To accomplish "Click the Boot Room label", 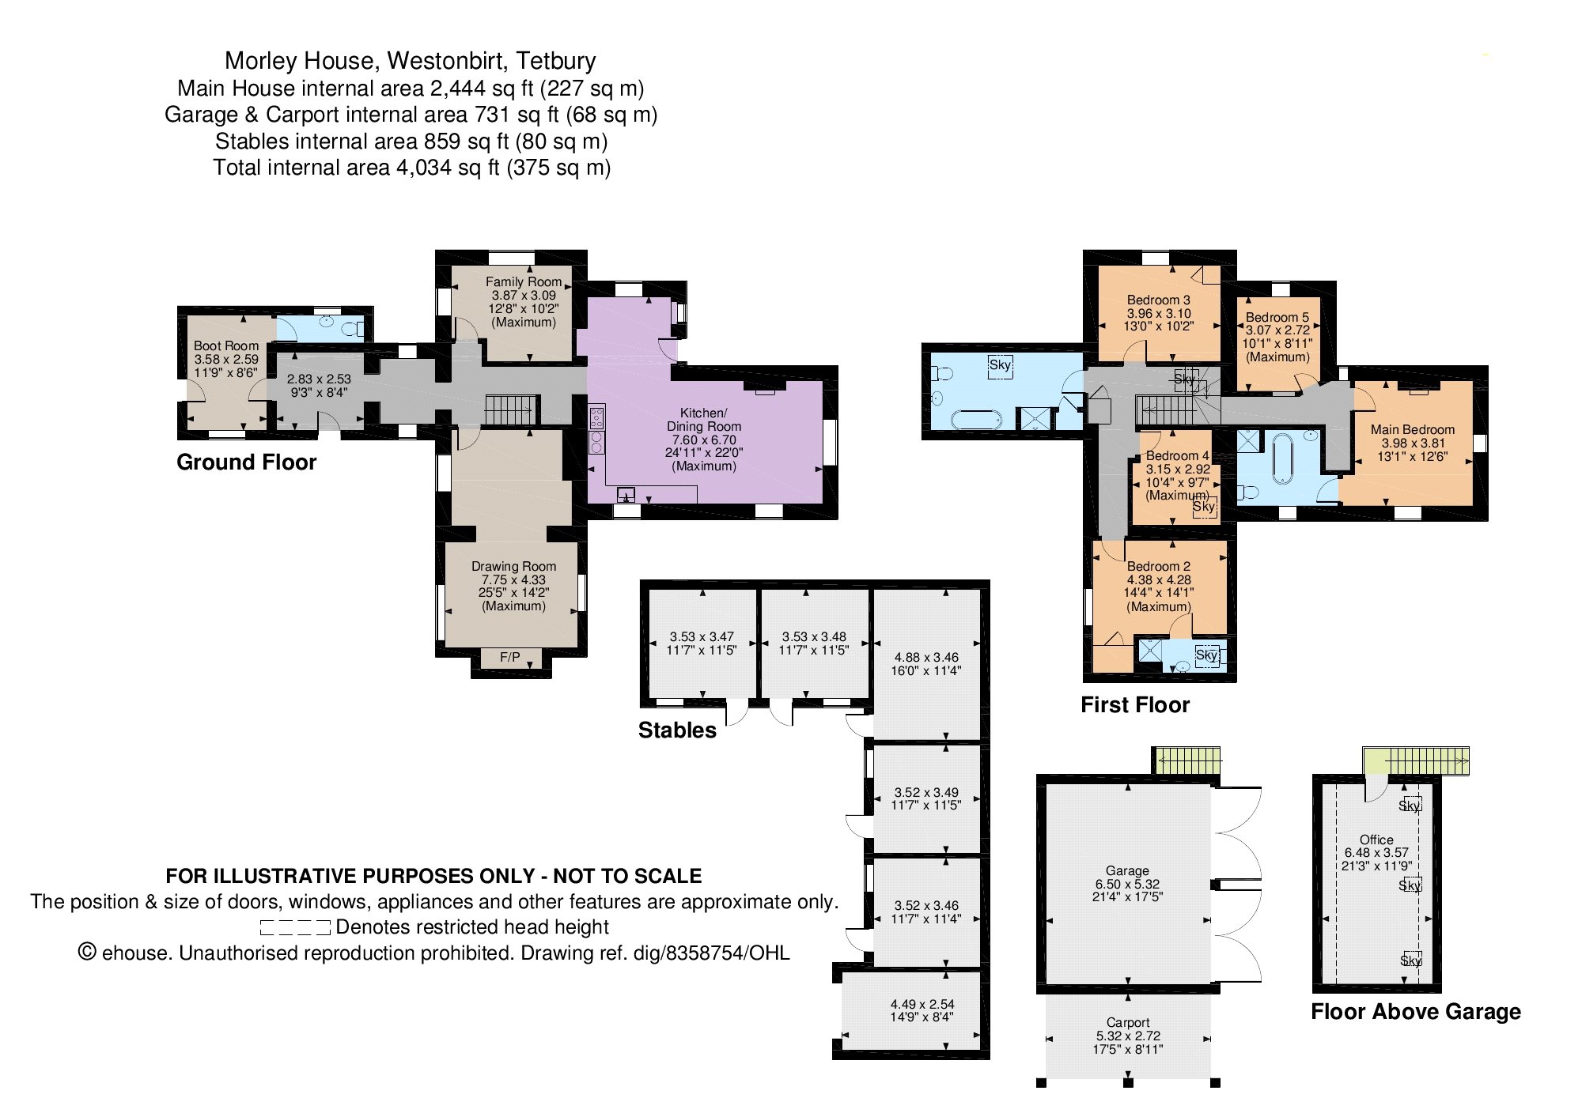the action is pyautogui.click(x=226, y=345).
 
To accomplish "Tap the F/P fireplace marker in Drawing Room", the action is pyautogui.click(x=510, y=658).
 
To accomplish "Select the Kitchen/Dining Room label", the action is pyautogui.click(x=704, y=419).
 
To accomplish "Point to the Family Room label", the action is pyautogui.click(x=524, y=281).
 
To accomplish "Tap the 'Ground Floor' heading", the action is pyautogui.click(x=247, y=462).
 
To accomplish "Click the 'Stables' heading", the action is pyautogui.click(x=677, y=730).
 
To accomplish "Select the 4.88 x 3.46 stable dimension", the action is pyautogui.click(x=925, y=657).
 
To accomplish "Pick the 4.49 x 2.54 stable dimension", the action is pyautogui.click(x=922, y=1004).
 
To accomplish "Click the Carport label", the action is pyautogui.click(x=1128, y=1022).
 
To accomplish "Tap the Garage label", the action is pyautogui.click(x=1127, y=870).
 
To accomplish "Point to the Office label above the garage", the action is pyautogui.click(x=1376, y=840).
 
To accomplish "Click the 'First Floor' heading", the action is pyautogui.click(x=1135, y=705).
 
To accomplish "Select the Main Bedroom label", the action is pyautogui.click(x=1413, y=429).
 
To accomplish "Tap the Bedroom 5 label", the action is pyautogui.click(x=1277, y=317).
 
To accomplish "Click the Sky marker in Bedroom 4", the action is pyautogui.click(x=1204, y=507).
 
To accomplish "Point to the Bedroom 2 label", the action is pyautogui.click(x=1159, y=566).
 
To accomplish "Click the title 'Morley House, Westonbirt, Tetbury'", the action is pyautogui.click(x=411, y=61).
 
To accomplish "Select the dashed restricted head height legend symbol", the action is pyautogui.click(x=295, y=927).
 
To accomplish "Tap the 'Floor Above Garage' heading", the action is pyautogui.click(x=1416, y=1012).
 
